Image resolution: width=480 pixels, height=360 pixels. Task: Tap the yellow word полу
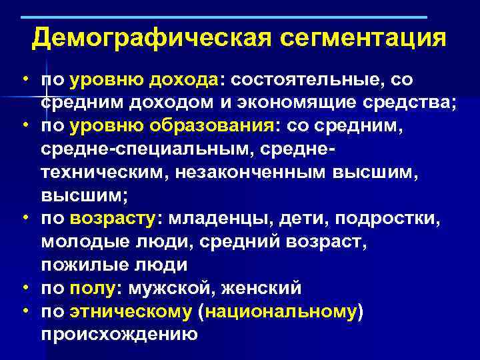(93, 288)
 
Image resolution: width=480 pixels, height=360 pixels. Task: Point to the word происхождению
(119, 334)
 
